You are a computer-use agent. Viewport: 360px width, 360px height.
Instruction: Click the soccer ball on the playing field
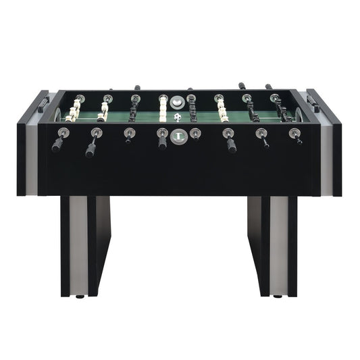[177, 117]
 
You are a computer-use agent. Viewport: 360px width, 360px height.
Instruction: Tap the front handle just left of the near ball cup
[162, 141]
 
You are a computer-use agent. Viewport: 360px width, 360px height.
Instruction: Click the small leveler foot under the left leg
[80, 297]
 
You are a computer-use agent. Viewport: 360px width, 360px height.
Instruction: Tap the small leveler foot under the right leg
[278, 297]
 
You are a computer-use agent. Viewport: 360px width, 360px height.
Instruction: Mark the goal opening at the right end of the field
[302, 113]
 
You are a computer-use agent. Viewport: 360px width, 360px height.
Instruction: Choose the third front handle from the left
[127, 136]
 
